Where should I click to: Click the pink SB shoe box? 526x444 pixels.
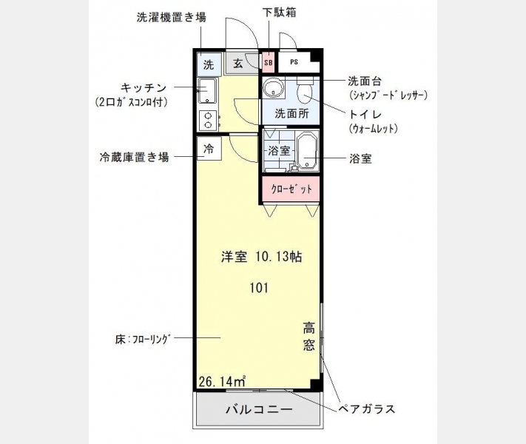point(268,62)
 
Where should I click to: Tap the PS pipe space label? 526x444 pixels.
point(294,62)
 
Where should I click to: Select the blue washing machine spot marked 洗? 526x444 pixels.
point(209,64)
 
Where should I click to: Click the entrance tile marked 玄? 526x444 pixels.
point(237,63)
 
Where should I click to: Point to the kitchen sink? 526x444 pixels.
point(208,90)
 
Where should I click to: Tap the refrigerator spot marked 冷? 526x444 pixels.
point(209,148)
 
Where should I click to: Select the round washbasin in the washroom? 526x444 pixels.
point(274,87)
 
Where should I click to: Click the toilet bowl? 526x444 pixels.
point(305,91)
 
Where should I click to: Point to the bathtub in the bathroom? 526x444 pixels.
point(308,150)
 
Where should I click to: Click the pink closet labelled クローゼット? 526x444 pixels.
point(291,189)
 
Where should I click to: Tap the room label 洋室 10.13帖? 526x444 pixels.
point(261,257)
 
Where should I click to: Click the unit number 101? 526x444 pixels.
point(259,288)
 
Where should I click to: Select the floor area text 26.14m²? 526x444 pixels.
point(223,381)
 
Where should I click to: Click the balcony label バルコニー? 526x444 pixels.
point(259,409)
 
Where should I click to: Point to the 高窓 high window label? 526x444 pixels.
point(309,336)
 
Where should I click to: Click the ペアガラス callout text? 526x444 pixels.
point(366,409)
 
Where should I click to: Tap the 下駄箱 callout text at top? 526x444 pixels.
point(280,13)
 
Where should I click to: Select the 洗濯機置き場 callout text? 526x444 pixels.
point(171,17)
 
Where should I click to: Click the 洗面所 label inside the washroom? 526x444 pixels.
point(291,113)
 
